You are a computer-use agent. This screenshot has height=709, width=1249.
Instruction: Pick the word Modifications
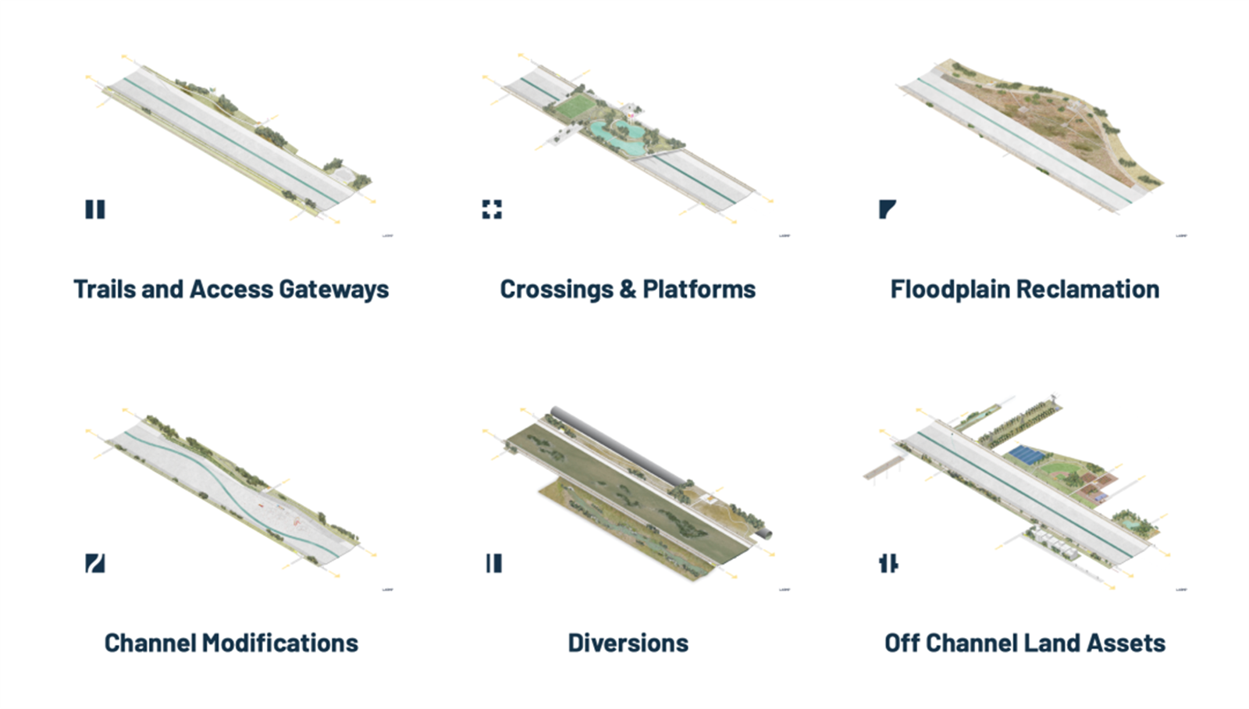(279, 643)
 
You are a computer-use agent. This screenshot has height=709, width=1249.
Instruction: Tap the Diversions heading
(628, 643)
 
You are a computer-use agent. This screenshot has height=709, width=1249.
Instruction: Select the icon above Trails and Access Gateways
(95, 209)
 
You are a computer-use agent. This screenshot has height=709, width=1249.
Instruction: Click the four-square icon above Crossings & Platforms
(492, 209)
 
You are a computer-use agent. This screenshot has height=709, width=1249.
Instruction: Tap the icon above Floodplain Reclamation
(887, 209)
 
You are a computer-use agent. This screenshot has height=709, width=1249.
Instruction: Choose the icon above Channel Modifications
(95, 563)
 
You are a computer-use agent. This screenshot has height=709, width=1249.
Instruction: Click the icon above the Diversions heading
(494, 563)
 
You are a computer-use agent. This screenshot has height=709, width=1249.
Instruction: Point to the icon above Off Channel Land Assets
(888, 563)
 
